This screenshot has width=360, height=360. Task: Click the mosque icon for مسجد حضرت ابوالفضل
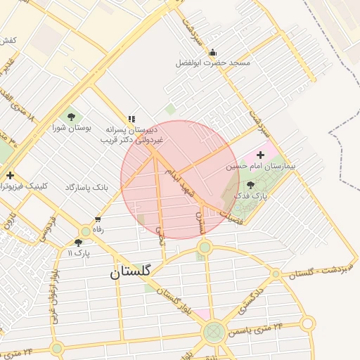(213, 53)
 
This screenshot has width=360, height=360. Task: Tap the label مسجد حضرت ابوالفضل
(213, 63)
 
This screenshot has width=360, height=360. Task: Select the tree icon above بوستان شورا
(70, 116)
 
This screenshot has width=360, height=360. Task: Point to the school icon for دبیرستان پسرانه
(131, 120)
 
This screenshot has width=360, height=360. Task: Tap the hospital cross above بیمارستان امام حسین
(261, 155)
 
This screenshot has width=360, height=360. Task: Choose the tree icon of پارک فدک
(251, 184)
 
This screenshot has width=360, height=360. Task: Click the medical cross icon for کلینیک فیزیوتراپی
(10, 175)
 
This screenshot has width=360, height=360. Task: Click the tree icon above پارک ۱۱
(78, 242)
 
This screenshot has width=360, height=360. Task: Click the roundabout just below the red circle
(205, 247)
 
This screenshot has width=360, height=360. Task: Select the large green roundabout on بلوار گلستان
(214, 332)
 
